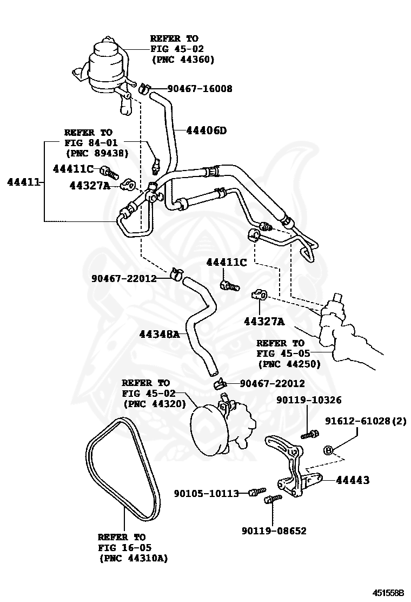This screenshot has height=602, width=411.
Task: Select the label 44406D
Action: coord(206,130)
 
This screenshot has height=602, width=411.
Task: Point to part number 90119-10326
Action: coord(309,400)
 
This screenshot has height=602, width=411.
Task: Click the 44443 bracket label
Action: coord(353,480)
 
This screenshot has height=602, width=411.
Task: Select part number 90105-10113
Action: coord(206,493)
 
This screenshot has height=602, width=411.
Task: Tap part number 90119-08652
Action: coord(274,531)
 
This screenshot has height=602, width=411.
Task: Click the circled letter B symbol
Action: coord(328,450)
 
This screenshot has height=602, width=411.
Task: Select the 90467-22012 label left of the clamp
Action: coord(123,279)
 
